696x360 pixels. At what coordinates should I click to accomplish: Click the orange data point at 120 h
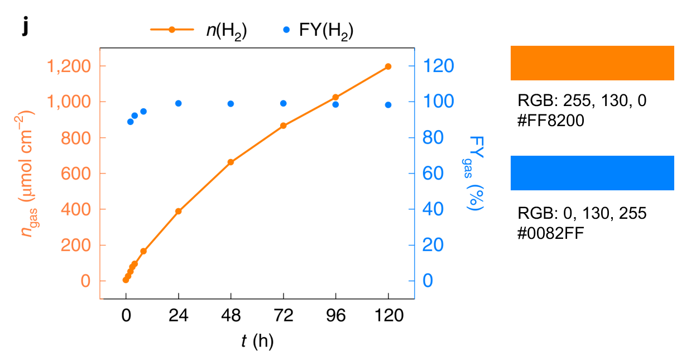click(388, 66)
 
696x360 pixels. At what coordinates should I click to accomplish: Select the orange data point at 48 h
click(231, 162)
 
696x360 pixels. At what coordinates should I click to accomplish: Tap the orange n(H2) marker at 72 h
click(283, 126)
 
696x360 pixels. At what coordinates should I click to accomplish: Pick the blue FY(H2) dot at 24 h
click(179, 103)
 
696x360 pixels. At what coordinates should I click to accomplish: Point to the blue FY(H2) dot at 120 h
click(388, 105)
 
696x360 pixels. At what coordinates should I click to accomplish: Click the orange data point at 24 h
click(179, 212)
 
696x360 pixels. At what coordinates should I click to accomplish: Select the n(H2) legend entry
click(199, 31)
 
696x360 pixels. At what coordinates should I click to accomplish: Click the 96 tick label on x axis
click(335, 316)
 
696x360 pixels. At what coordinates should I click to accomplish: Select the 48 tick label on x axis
click(231, 316)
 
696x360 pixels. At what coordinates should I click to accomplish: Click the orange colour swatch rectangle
click(592, 63)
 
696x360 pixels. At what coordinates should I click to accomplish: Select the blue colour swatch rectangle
click(592, 173)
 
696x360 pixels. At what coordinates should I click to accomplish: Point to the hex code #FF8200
click(550, 121)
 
